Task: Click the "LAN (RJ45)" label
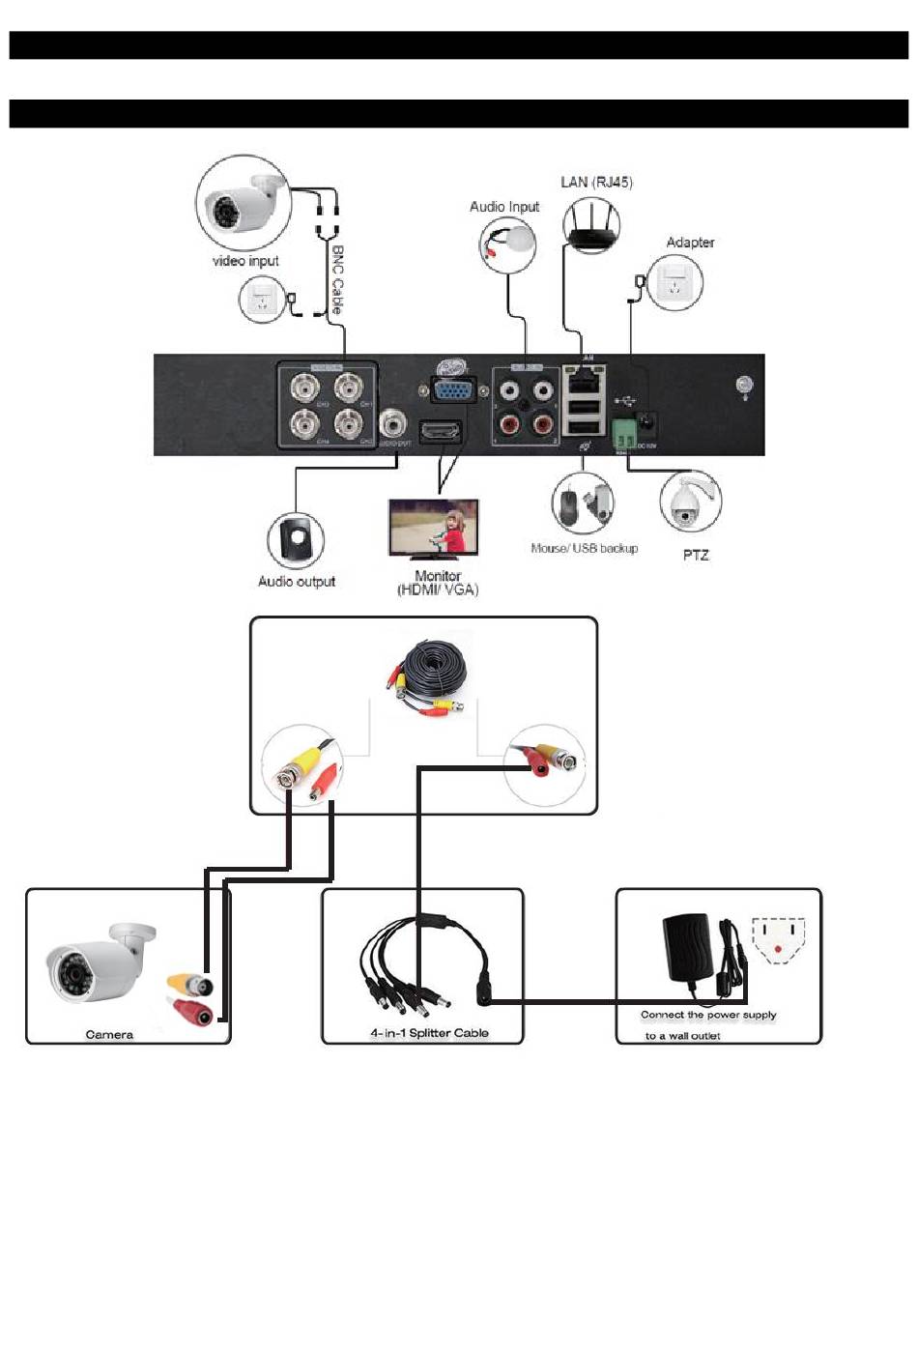596,182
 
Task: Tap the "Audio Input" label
503,207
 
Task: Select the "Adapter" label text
690,243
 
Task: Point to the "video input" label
245,261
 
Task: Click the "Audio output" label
296,582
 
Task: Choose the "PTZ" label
696,555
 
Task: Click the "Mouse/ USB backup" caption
584,548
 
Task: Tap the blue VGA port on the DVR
452,391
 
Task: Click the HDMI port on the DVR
441,430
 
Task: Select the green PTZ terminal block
623,432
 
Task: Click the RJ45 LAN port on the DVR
583,379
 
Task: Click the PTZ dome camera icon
689,501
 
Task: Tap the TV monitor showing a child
433,528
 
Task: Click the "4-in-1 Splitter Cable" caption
429,1033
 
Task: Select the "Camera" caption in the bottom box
109,1035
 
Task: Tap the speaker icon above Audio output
296,540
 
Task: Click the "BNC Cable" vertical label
337,279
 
